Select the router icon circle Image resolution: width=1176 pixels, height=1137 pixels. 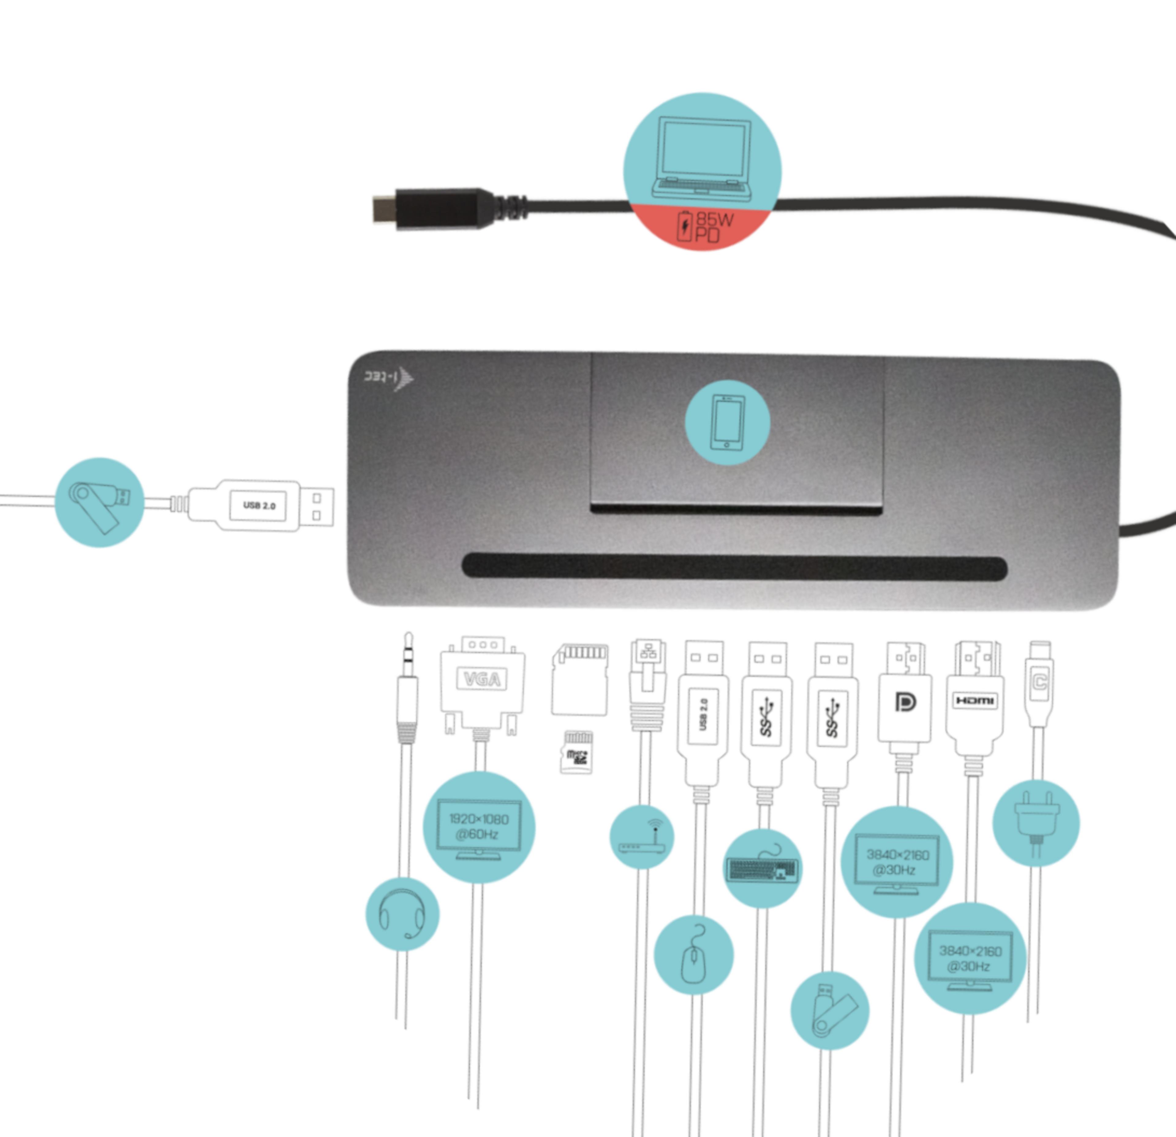(x=641, y=837)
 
